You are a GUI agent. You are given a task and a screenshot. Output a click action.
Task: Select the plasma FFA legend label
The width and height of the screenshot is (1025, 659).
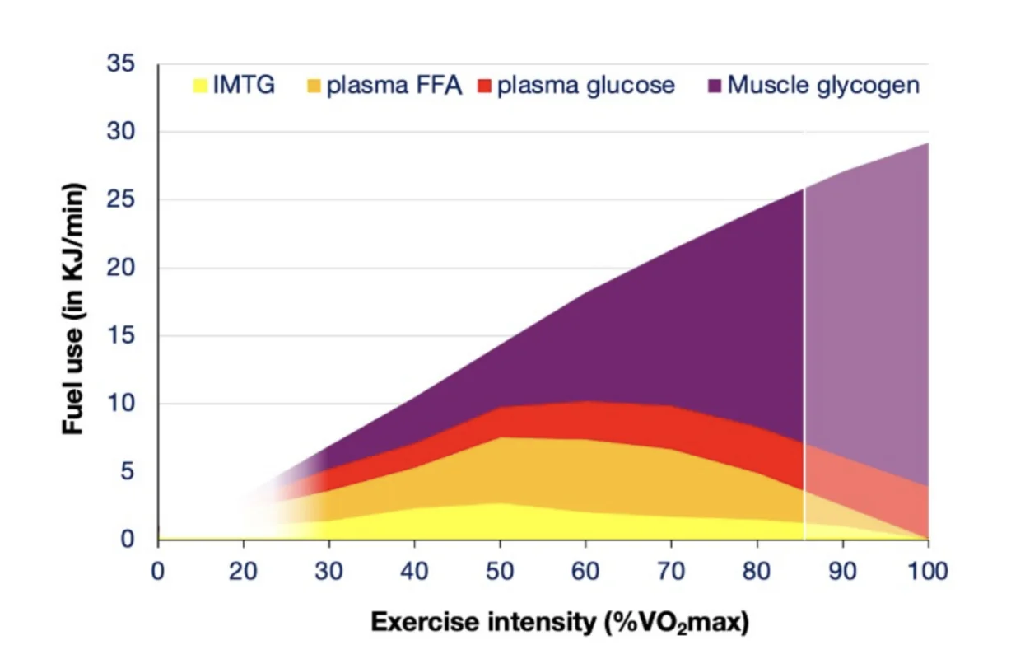(394, 86)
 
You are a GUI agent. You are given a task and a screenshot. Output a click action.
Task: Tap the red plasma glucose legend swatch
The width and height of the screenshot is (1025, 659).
(484, 86)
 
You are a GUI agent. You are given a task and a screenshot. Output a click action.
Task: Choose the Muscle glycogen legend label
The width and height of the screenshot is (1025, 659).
(823, 86)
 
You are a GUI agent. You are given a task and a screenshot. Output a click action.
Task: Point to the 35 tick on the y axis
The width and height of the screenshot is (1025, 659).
(122, 63)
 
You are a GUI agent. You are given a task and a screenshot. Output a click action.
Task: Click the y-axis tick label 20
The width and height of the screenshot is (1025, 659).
(122, 268)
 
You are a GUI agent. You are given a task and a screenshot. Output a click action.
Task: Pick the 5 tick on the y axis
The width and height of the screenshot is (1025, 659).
(128, 471)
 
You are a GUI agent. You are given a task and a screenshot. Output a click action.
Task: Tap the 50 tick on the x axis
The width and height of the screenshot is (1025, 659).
(501, 571)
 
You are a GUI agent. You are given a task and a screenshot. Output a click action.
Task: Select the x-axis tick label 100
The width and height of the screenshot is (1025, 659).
(928, 571)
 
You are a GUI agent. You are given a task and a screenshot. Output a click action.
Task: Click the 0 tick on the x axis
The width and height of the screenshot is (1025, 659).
(158, 571)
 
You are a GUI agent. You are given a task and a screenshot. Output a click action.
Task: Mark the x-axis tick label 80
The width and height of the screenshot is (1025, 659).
(757, 571)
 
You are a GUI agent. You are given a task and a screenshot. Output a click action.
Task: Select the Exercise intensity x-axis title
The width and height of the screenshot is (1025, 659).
(560, 623)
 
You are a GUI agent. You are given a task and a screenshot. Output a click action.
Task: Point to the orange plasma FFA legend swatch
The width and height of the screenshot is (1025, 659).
(314, 86)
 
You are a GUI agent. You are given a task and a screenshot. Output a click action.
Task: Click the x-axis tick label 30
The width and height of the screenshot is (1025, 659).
(329, 571)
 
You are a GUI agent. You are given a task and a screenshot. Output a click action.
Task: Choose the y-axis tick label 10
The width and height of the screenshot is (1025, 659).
(122, 404)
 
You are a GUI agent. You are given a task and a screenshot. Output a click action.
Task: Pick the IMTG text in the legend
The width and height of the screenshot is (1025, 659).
(244, 86)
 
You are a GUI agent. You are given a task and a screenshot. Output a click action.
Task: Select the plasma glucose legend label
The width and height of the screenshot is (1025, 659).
(585, 86)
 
